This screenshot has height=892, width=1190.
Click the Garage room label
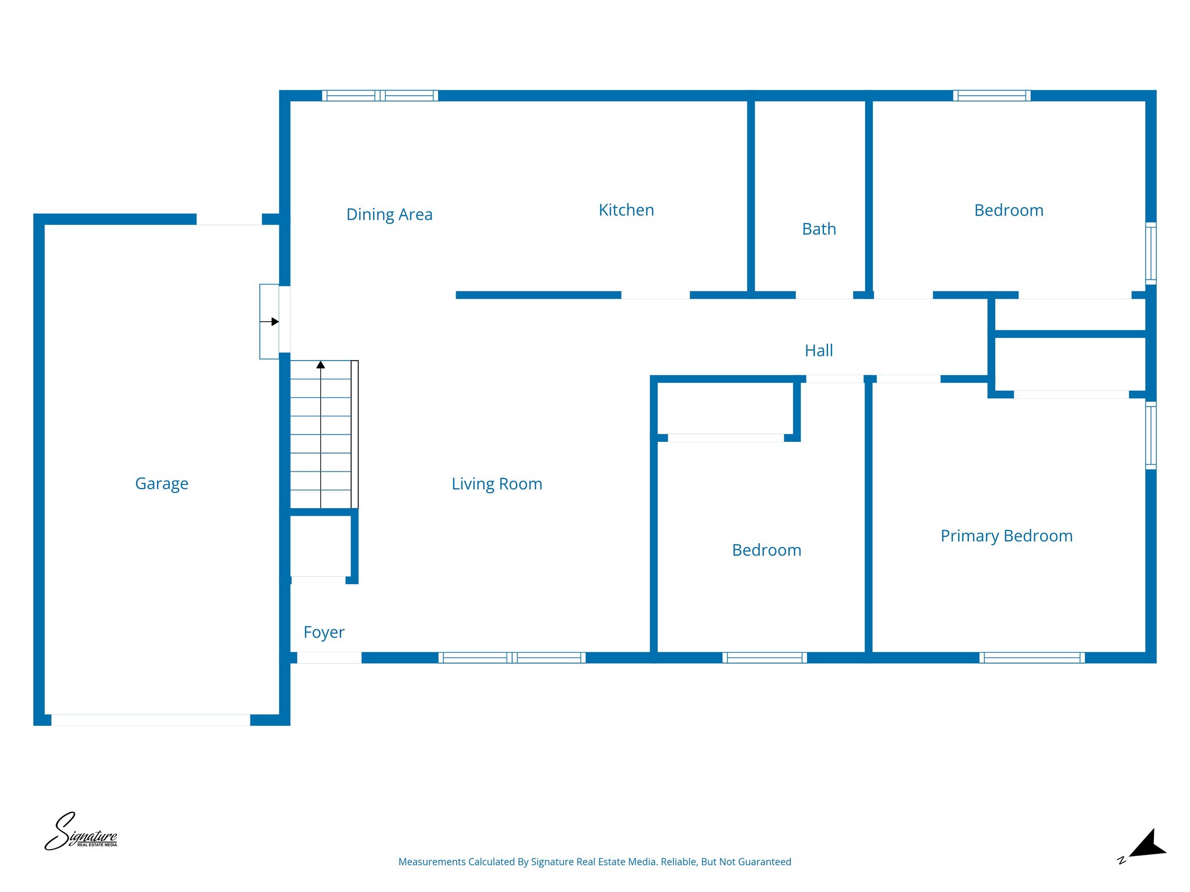point(162,483)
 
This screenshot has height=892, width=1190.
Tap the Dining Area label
point(389,214)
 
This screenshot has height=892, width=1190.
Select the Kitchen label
point(626,210)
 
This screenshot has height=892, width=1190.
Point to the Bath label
point(819,229)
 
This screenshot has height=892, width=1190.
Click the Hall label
point(819,350)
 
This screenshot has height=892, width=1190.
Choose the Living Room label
point(497,484)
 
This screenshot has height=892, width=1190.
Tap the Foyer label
point(324,632)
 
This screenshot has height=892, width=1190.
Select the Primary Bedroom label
point(1006,535)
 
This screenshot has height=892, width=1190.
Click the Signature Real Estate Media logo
point(81,832)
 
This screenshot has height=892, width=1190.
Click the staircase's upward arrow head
point(321,365)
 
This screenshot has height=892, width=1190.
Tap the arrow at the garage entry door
point(274,322)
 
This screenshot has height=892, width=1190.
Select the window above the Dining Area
point(380,96)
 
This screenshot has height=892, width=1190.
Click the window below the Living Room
point(511,657)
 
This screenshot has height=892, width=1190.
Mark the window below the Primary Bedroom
point(1031,657)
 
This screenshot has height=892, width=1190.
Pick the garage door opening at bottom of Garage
point(150,720)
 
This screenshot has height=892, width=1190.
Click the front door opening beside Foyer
point(329,657)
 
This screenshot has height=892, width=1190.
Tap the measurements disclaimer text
point(594,862)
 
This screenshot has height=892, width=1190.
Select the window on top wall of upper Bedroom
point(991,96)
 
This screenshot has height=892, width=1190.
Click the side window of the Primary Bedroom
point(1150,435)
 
